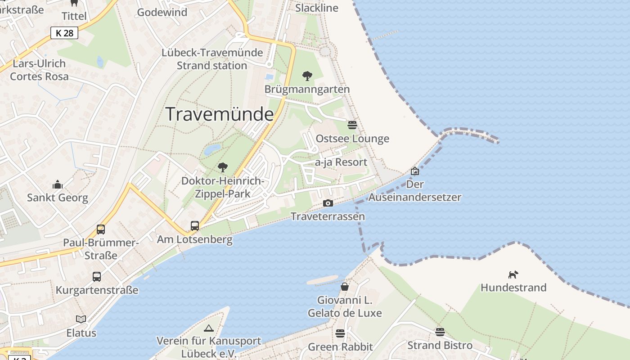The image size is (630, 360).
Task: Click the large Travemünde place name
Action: (220, 114)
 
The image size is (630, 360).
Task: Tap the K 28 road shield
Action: (64, 33)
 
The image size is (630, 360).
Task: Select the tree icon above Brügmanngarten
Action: (307, 76)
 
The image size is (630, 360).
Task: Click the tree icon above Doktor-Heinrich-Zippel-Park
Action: (222, 167)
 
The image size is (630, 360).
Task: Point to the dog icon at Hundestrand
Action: (513, 274)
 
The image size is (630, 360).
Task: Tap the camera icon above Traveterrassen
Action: (328, 203)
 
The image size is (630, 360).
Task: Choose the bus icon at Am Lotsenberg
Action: (195, 225)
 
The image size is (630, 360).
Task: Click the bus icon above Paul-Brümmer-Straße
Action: (101, 229)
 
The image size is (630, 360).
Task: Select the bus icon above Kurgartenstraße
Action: (97, 276)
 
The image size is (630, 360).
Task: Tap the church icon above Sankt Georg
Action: (58, 184)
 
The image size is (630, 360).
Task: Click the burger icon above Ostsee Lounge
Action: (352, 125)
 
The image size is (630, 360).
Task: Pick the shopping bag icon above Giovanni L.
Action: (345, 286)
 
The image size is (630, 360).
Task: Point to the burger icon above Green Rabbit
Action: (340, 333)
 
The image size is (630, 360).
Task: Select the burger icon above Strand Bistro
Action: (440, 332)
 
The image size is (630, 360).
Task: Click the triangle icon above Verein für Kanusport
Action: (208, 328)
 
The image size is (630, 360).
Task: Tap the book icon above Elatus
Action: (81, 319)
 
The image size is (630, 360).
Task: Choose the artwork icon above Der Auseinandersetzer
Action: (415, 171)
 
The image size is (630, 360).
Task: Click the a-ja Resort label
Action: (341, 162)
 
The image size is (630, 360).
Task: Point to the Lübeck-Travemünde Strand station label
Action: (212, 59)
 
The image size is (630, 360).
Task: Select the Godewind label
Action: (162, 12)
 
